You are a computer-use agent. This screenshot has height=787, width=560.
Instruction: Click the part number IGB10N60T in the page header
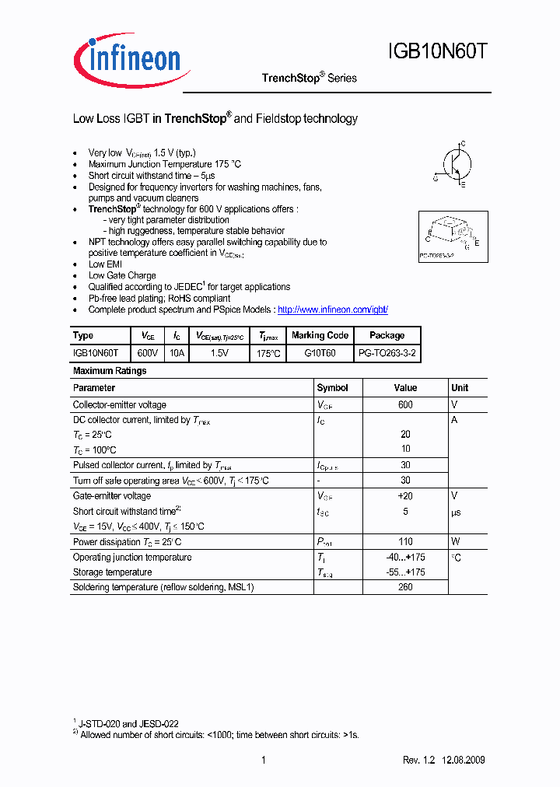[438, 52]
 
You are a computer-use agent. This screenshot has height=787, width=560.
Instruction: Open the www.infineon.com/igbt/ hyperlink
[332, 310]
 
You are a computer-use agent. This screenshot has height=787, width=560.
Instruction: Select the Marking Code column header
[320, 335]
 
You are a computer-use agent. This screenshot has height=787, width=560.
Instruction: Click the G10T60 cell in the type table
[320, 352]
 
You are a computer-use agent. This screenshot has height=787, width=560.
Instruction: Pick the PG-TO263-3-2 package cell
[387, 352]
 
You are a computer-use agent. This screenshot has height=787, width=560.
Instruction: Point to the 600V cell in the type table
[147, 352]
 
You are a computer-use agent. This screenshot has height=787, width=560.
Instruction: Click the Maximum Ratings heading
[110, 371]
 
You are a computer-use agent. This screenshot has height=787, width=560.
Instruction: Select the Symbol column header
[332, 387]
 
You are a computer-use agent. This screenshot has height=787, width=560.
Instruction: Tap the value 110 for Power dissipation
[405, 542]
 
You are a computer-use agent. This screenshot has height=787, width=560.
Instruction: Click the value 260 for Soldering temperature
[405, 587]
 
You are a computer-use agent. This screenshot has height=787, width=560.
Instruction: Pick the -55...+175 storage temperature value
[405, 572]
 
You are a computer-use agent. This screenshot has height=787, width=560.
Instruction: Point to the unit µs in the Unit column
[457, 512]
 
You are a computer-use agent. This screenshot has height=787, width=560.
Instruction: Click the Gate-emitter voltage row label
[112, 496]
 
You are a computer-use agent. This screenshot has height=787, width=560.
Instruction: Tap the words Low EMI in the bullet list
[105, 264]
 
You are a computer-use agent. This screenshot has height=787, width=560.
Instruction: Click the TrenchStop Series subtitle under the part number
[309, 78]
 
